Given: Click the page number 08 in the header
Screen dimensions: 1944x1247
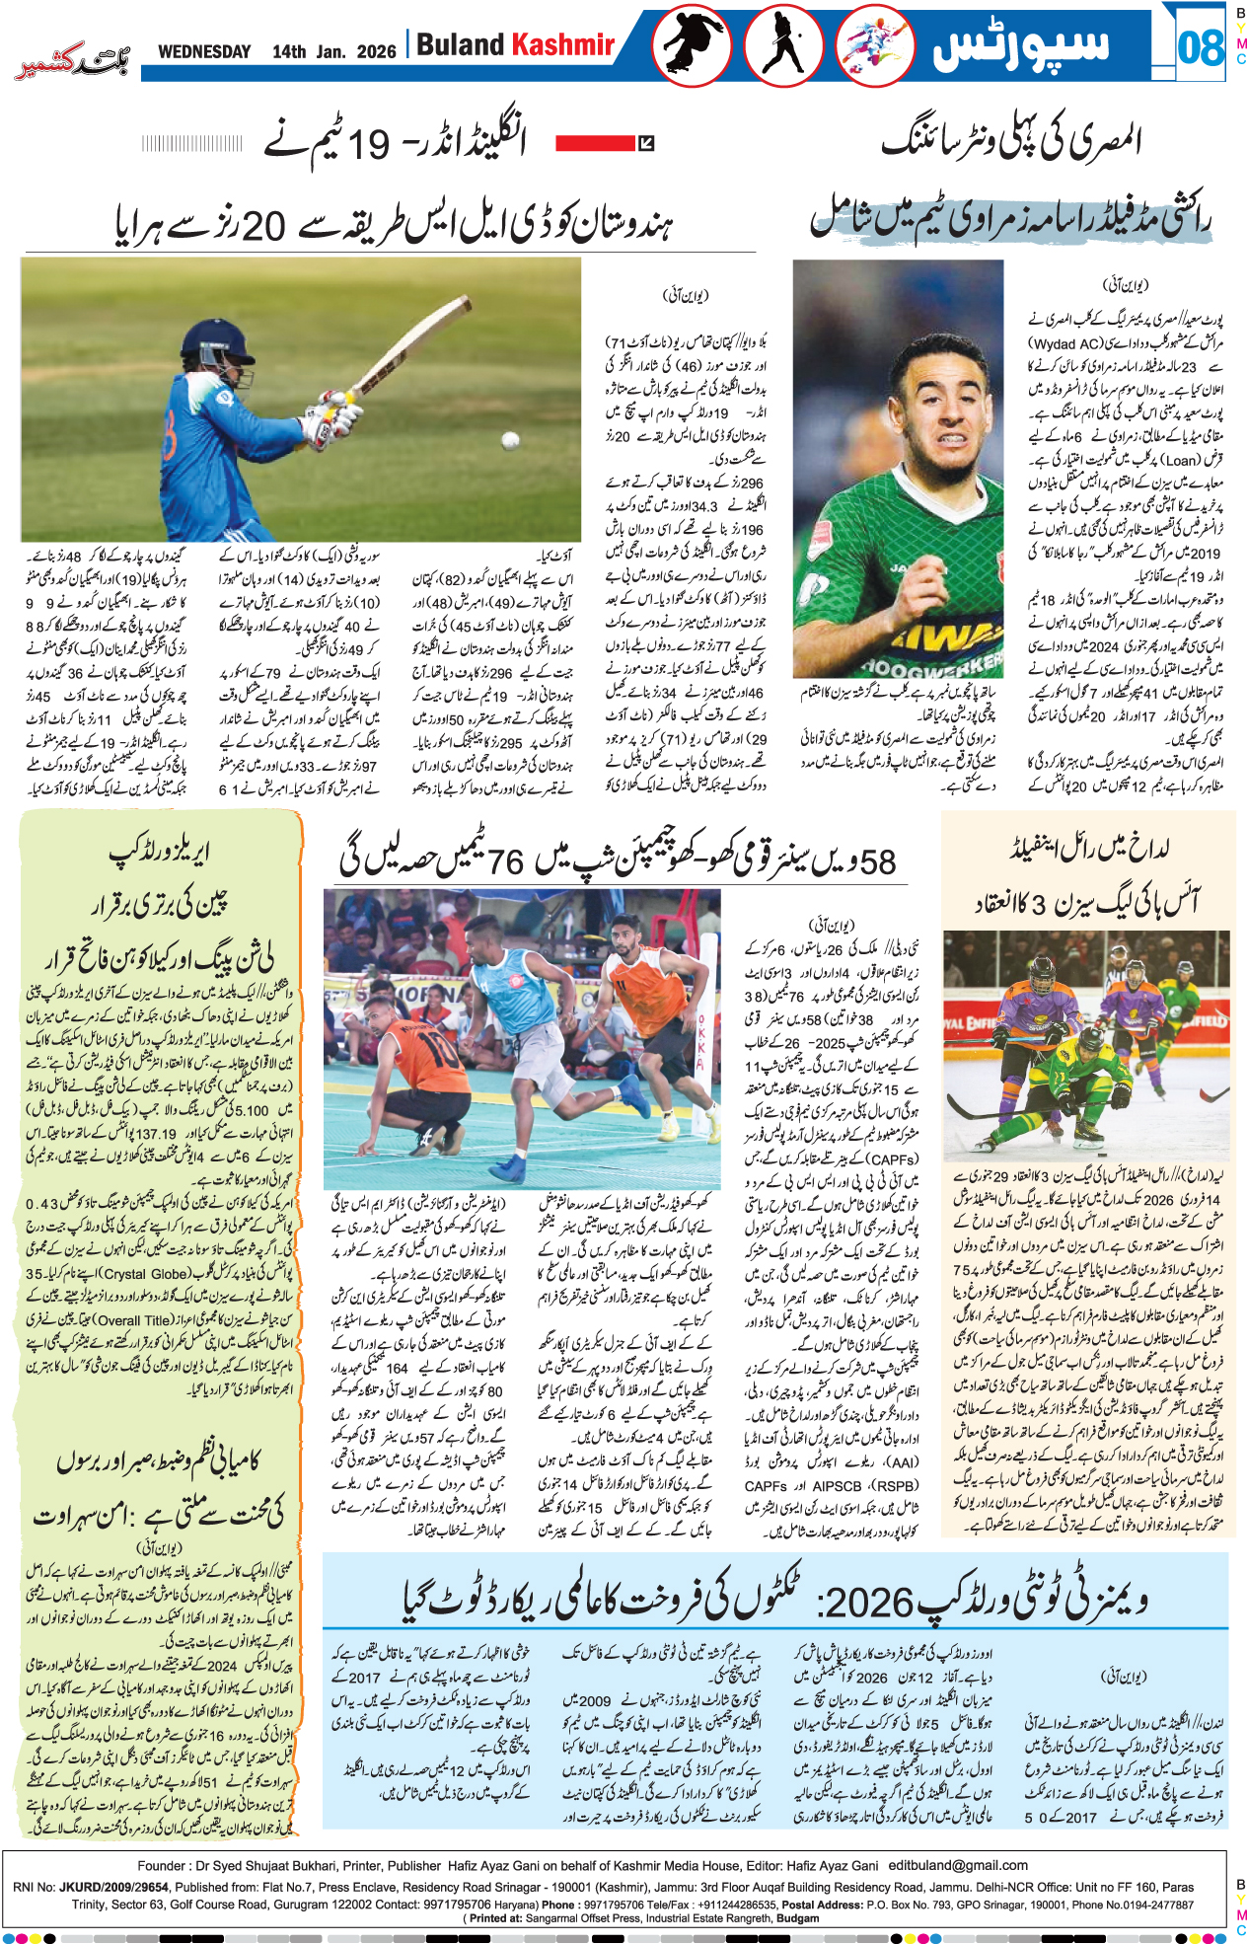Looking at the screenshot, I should tap(1200, 47).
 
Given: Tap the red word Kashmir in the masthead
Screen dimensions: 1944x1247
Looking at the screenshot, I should tap(563, 44).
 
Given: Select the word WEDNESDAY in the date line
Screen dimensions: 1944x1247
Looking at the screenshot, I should tap(204, 51).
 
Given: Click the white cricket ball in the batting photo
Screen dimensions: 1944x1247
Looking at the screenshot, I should tap(510, 440).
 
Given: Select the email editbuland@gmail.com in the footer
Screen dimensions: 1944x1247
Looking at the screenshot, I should tap(958, 1865).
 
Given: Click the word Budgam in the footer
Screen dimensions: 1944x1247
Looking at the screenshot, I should tap(797, 1918).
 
